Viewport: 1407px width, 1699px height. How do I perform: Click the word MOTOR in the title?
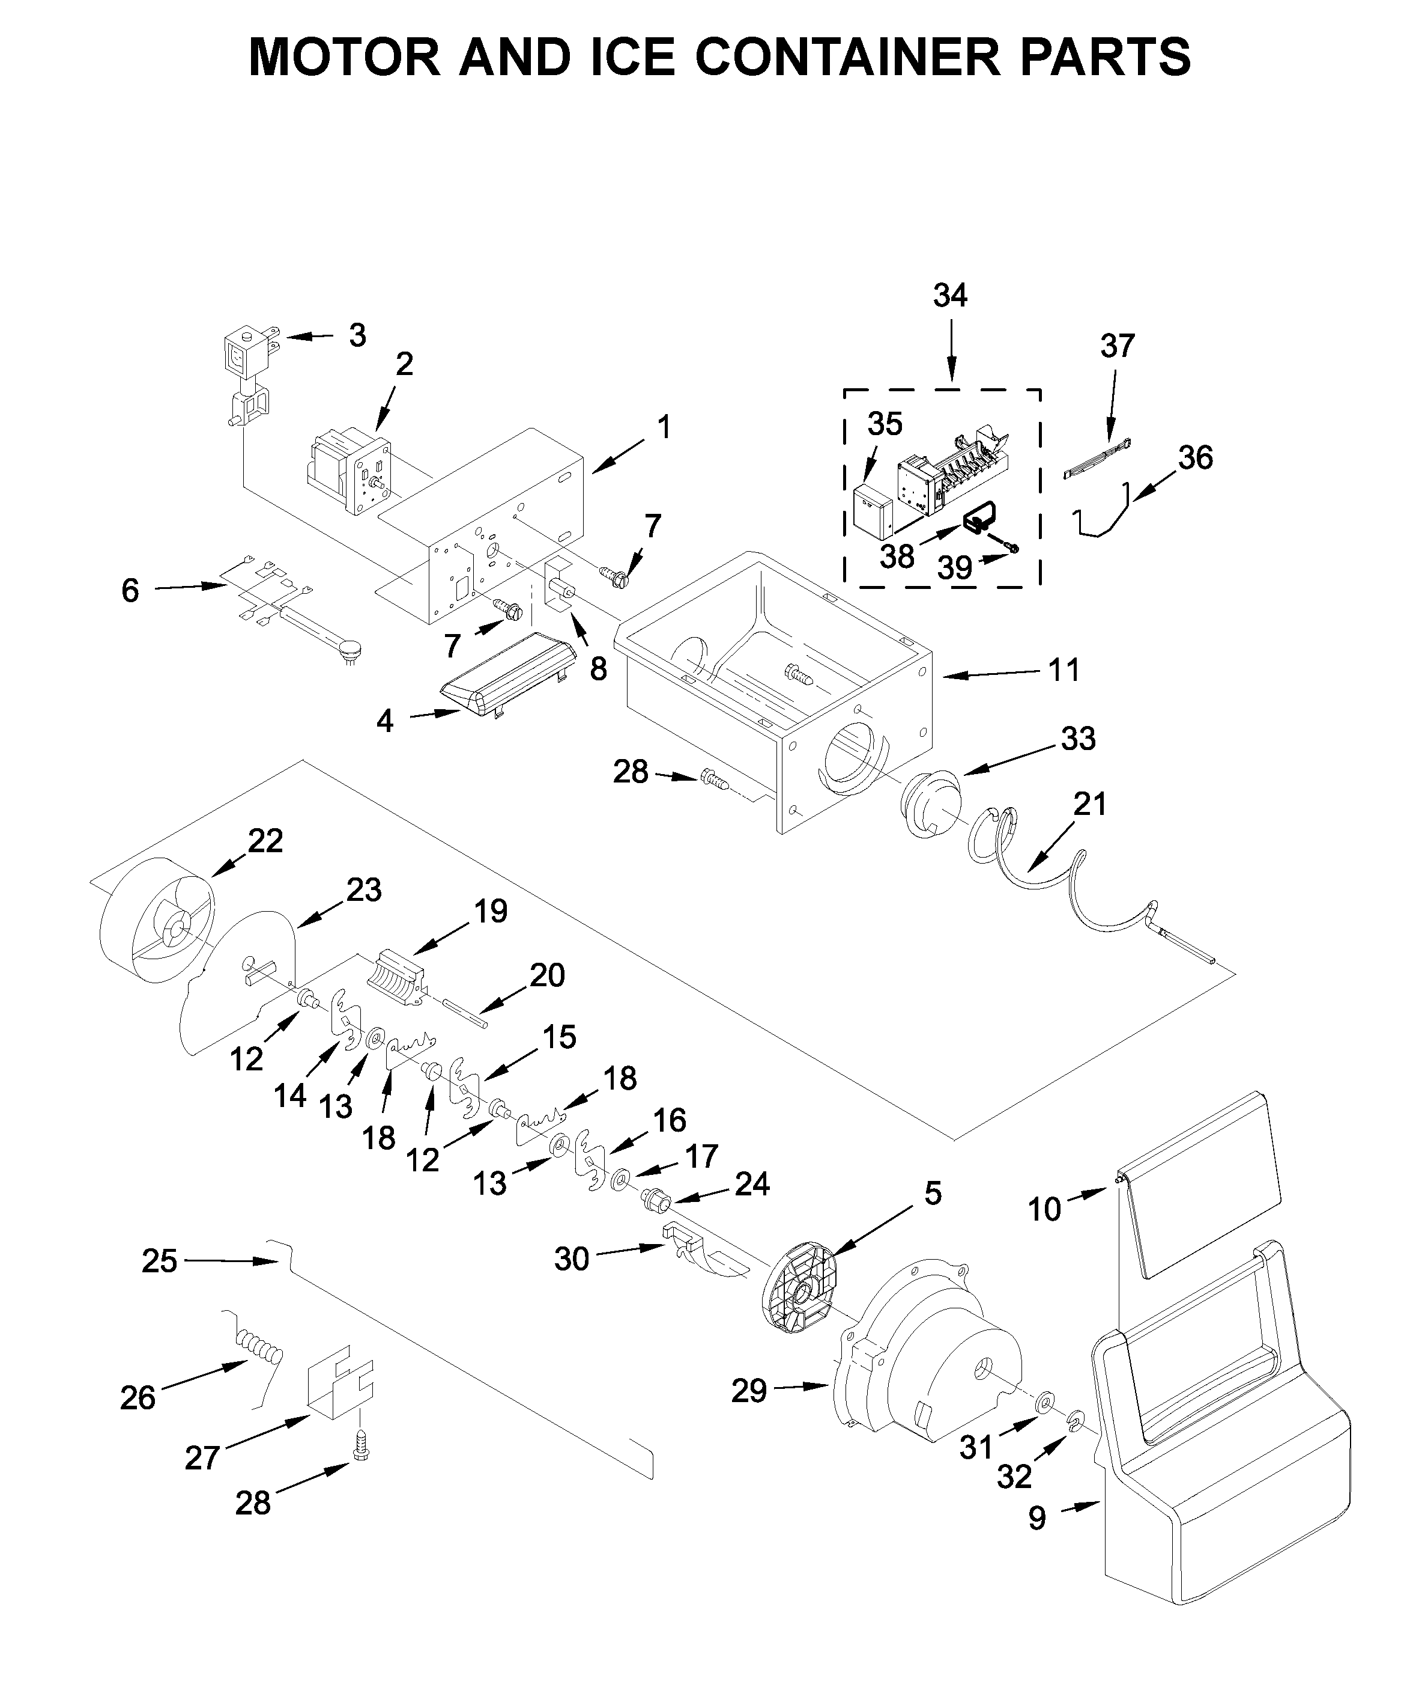tap(343, 56)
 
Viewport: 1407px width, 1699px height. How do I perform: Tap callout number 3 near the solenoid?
tap(357, 335)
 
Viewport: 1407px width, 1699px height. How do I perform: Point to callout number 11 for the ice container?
tap(1064, 670)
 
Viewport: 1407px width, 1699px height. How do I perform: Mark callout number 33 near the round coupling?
tap(1078, 738)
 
